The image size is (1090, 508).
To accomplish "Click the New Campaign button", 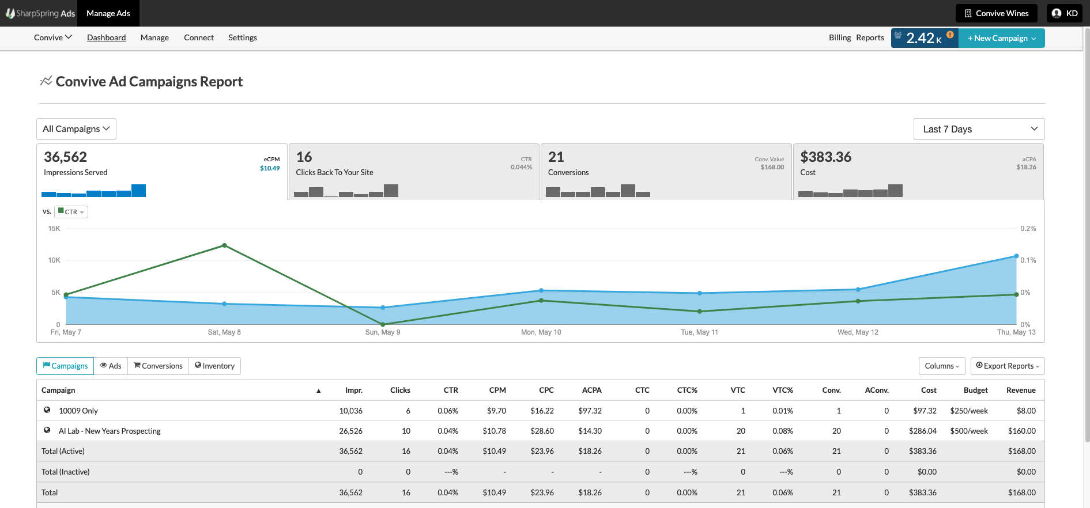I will point(1001,38).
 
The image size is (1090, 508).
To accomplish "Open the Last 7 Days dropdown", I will point(979,129).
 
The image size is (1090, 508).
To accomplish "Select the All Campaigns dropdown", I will point(76,129).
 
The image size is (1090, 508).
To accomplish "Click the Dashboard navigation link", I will point(106,37).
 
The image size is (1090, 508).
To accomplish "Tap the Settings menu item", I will point(243,37).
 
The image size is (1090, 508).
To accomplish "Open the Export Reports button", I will point(1007,366).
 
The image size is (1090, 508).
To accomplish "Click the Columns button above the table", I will point(942,366).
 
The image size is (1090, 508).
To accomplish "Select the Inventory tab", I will point(214,366).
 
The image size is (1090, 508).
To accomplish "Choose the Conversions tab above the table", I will point(158,366).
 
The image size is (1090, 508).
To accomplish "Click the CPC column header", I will point(546,390).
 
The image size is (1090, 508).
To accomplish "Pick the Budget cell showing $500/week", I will point(968,431).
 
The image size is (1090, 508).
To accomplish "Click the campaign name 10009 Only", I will point(78,411).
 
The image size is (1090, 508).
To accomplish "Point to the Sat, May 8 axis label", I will point(224,332).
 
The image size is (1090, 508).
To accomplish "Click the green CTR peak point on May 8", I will point(224,245).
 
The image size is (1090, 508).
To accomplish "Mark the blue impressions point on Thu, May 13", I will point(1016,256).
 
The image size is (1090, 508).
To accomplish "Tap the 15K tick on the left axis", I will point(54,229).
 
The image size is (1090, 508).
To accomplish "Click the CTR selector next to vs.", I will point(71,212).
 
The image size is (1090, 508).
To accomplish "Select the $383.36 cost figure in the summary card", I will point(825,157).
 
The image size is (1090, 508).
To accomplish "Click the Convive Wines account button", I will point(996,13).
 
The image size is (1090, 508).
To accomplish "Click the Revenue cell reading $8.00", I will point(1026,411).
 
